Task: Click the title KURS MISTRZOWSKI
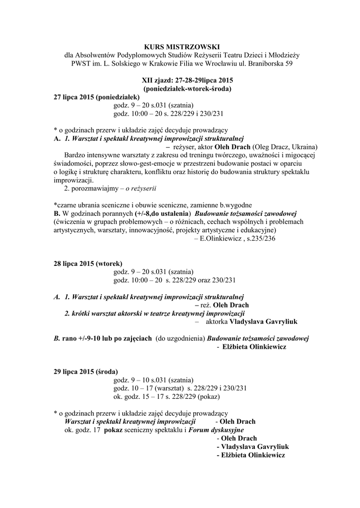click(x=180, y=47)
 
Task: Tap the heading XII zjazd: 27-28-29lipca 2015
click(x=180, y=81)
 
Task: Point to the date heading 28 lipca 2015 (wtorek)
click(x=88, y=263)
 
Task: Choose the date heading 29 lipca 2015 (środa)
click(x=86, y=372)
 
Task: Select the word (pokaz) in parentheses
click(x=208, y=397)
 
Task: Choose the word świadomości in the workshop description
click(x=73, y=164)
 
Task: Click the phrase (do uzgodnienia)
click(x=180, y=338)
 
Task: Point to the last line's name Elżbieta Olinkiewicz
click(x=251, y=455)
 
